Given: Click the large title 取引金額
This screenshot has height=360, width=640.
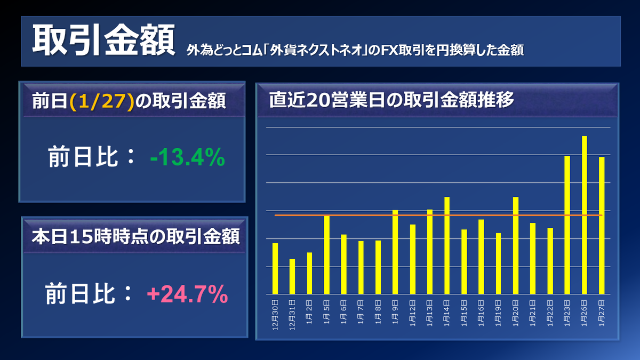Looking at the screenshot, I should coord(103,42).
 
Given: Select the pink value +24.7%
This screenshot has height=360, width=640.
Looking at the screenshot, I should coord(187,294).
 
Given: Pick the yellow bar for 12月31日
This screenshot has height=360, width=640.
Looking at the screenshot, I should coord(292,276).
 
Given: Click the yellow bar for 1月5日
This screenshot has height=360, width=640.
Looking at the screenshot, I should coord(326,254).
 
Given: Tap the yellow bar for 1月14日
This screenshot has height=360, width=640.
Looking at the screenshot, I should coord(447,245).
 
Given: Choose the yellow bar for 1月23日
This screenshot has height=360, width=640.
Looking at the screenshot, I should coord(567,225).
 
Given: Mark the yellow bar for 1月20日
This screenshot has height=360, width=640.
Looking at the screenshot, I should coord(516,245).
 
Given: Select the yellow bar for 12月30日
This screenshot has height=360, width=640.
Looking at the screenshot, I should coord(275,268).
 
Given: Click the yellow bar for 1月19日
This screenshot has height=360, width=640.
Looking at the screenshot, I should coord(498,263).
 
